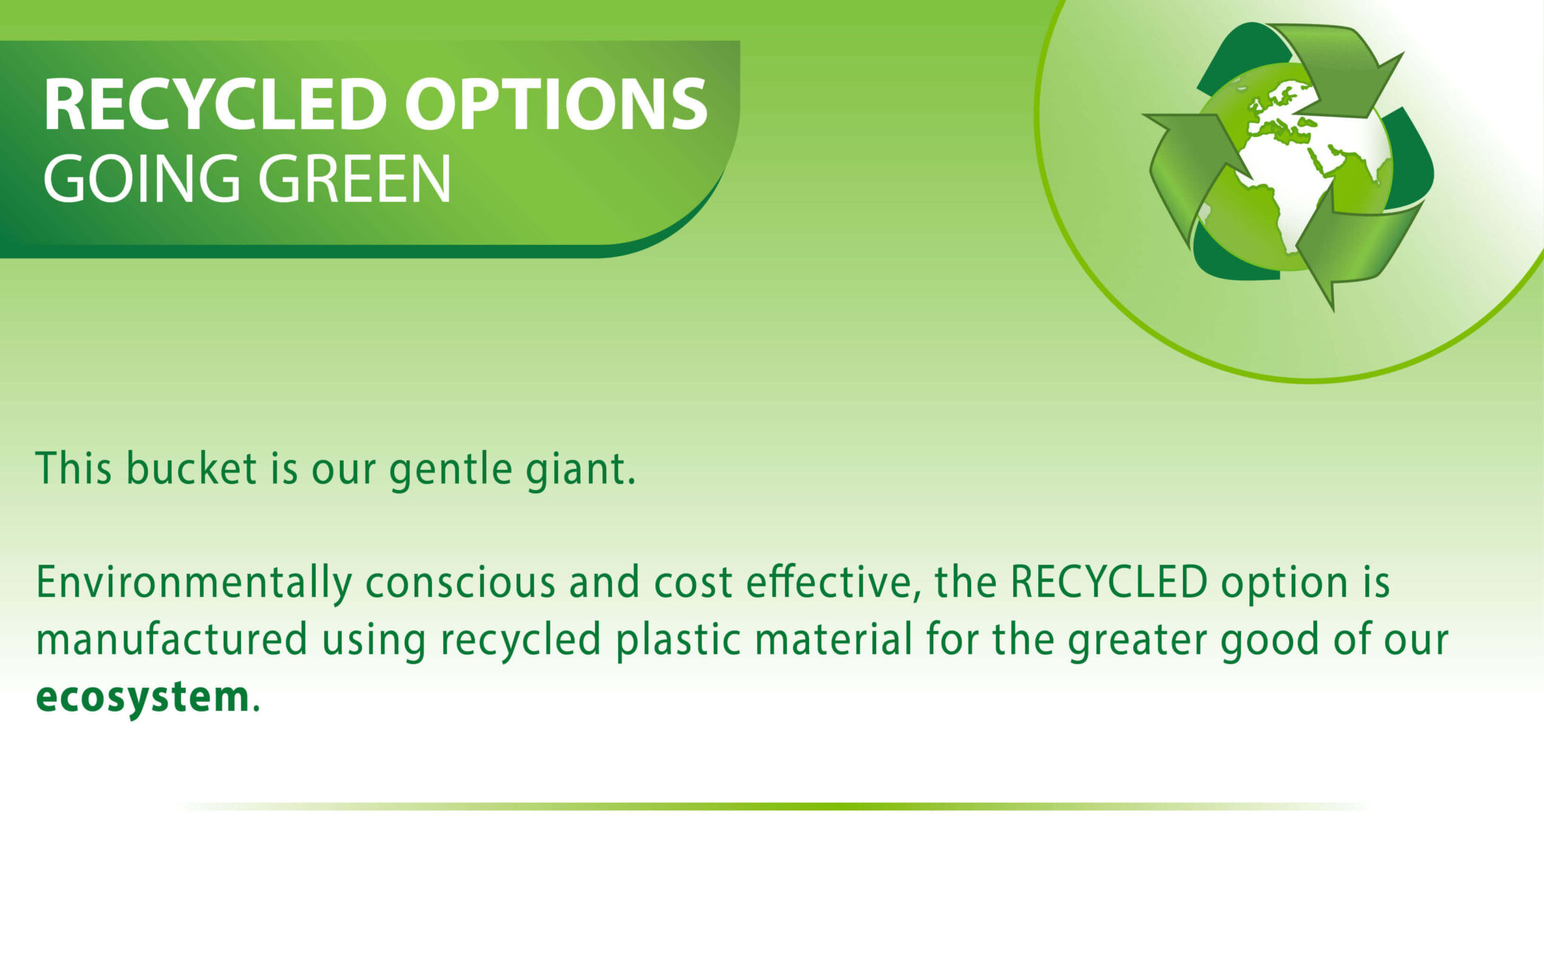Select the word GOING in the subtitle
click(141, 179)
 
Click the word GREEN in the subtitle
click(354, 179)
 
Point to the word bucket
click(192, 468)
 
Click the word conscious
click(461, 583)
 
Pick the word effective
click(833, 583)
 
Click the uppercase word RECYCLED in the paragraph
click(1109, 582)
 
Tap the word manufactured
click(172, 639)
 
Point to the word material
click(834, 639)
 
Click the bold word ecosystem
click(142, 697)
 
